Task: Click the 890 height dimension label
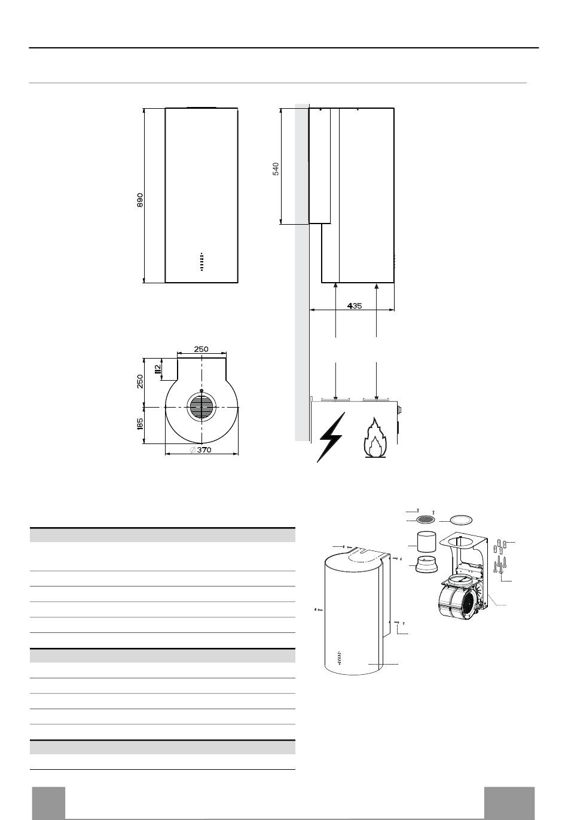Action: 141,199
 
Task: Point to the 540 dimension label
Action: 276,168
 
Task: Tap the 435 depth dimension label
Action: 354,305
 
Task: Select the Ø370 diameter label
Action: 201,449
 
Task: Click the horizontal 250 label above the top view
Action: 201,348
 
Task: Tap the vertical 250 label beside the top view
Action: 140,381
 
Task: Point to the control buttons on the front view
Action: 201,261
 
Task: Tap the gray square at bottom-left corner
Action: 48,803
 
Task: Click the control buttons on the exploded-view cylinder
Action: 338,658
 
